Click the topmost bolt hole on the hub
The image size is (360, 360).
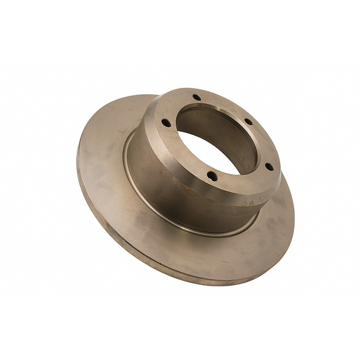coord(196,98)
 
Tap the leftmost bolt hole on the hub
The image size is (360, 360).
coord(166,123)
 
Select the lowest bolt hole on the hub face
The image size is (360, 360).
coord(212,176)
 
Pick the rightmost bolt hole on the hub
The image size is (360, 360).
coord(268,166)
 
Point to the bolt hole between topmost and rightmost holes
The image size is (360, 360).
coord(248,121)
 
